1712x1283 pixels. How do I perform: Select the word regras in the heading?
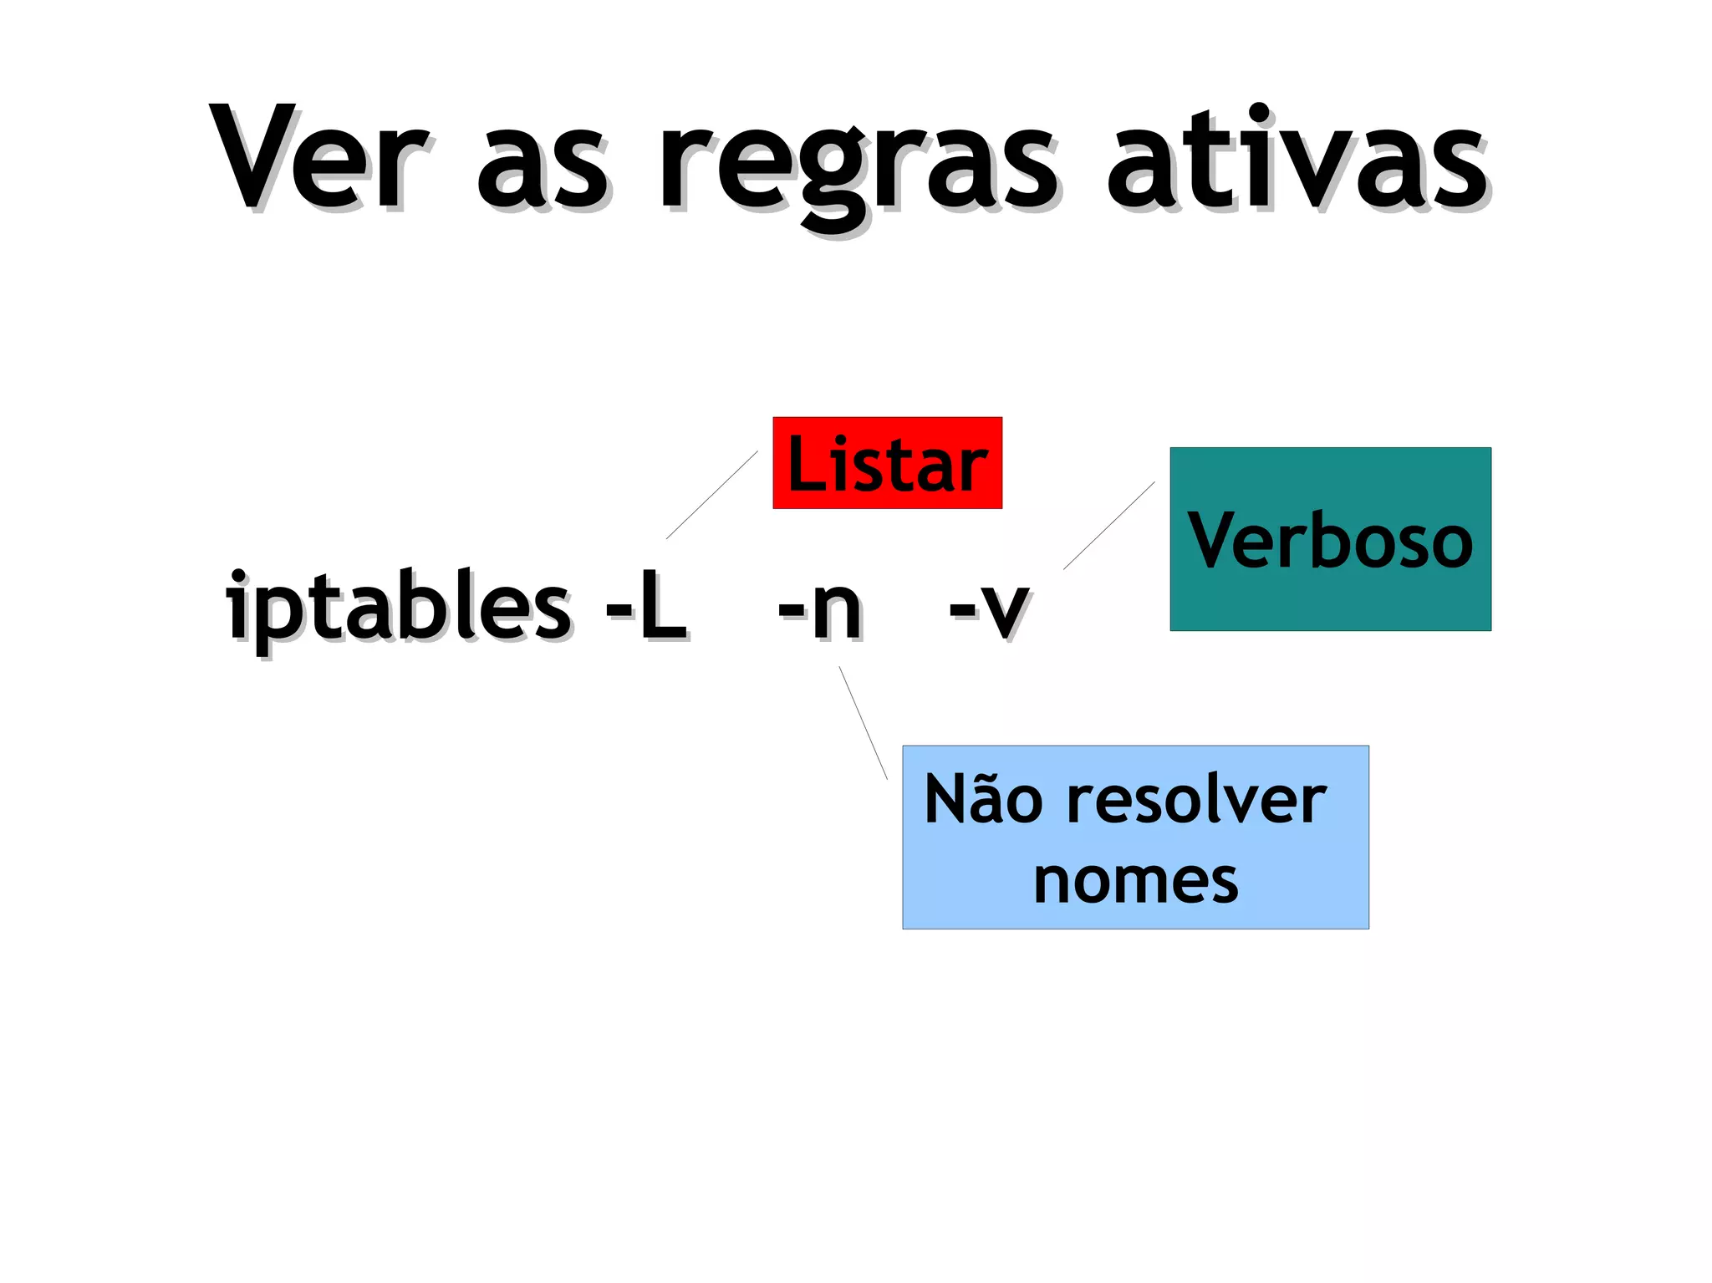(x=857, y=171)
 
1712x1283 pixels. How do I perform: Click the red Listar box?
(x=887, y=463)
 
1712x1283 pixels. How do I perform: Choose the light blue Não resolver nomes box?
(x=1135, y=837)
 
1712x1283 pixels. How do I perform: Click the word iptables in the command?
(x=398, y=607)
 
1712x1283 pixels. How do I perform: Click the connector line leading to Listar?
(x=712, y=495)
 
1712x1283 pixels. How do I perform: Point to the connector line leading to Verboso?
(x=1108, y=526)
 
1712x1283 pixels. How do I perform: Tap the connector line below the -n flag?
(x=864, y=723)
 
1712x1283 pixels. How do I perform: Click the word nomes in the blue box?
(x=1135, y=881)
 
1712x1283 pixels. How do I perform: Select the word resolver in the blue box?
(x=1197, y=801)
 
